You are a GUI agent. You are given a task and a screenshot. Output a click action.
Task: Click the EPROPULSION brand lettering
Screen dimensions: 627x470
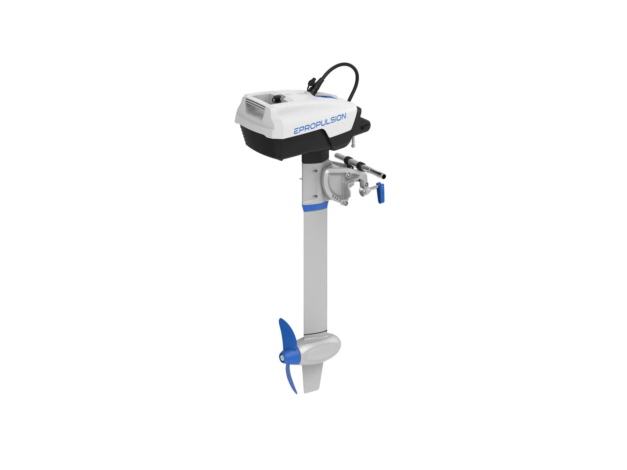[x=320, y=124]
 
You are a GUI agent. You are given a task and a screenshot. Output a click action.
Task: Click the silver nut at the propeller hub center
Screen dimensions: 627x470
[x=282, y=358]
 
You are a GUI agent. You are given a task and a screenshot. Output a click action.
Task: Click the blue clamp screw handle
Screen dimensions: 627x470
[x=380, y=193]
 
